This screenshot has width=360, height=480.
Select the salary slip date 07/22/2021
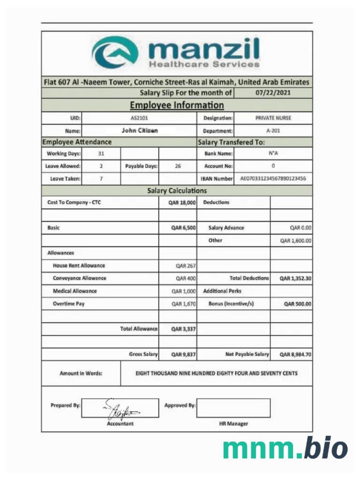[273, 92]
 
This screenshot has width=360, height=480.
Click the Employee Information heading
[177, 105]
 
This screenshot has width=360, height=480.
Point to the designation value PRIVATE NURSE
[273, 118]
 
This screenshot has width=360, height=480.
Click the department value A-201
[273, 131]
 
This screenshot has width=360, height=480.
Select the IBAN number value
[273, 179]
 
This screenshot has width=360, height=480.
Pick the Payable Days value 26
[178, 166]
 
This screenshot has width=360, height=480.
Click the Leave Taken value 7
[101, 179]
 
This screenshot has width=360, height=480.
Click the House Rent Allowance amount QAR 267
[186, 266]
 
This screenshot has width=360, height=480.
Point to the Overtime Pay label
[68, 304]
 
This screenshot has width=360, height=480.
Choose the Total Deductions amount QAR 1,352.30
[295, 278]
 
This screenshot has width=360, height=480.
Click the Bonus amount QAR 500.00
[298, 304]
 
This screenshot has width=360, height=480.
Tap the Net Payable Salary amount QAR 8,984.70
[295, 354]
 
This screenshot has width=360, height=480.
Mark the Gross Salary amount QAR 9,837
[183, 354]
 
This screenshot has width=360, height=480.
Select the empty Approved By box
[233, 408]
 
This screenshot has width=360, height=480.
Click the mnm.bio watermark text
[286, 448]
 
